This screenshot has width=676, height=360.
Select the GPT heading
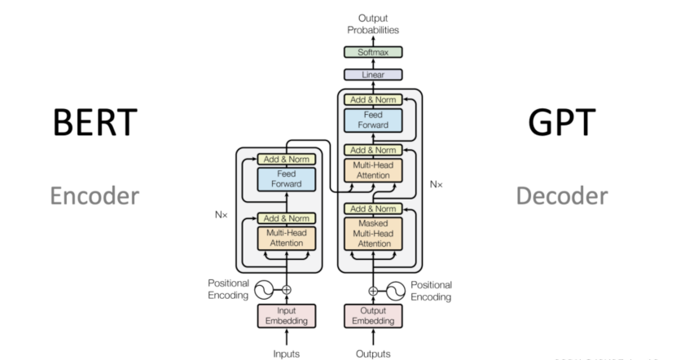(562, 123)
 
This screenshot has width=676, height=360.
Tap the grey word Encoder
(92, 196)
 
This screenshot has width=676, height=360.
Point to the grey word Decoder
(562, 196)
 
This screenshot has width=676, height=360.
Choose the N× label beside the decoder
(437, 184)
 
